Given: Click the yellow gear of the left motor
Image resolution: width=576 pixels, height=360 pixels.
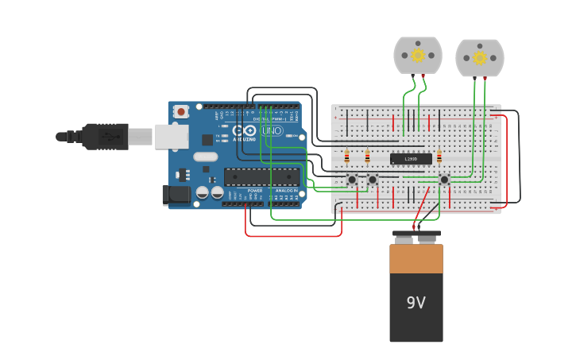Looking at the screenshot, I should (x=418, y=55).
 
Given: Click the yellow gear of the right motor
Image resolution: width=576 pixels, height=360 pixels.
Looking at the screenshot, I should (x=480, y=57).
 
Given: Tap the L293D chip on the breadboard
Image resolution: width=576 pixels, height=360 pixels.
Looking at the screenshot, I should (x=411, y=159).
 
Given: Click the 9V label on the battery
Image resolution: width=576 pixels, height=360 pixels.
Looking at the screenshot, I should (x=416, y=303).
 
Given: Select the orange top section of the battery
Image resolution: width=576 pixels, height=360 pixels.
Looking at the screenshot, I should (x=416, y=259).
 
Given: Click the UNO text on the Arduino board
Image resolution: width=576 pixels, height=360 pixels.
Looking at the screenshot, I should (x=272, y=130).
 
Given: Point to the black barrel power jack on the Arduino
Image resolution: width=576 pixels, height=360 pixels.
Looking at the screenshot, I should (x=176, y=194).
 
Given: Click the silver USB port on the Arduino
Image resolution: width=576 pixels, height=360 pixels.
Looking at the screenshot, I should (x=172, y=137).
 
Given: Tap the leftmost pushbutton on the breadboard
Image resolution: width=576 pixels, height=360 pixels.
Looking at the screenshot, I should (x=352, y=180).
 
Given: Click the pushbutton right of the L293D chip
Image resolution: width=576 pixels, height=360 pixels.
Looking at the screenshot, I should (x=444, y=180).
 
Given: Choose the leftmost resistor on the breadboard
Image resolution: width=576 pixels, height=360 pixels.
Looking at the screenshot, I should (x=346, y=157).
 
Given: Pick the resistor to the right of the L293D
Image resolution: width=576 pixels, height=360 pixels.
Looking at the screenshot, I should (x=439, y=157).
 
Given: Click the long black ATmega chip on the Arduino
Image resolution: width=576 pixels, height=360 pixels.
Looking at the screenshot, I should (x=261, y=176).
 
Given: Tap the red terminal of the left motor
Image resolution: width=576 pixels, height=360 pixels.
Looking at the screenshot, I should (x=423, y=75).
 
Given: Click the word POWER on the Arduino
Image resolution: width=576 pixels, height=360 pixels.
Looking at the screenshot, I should (x=254, y=191).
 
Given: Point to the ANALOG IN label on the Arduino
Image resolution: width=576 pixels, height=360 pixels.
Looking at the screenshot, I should (x=286, y=191).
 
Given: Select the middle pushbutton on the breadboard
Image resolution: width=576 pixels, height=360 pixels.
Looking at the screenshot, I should (x=372, y=180).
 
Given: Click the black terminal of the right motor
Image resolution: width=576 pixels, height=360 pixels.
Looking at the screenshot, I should (x=475, y=78).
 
